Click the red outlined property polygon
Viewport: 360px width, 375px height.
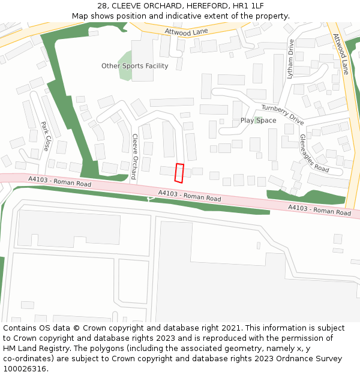click(x=178, y=172)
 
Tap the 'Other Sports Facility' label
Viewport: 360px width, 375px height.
click(x=134, y=66)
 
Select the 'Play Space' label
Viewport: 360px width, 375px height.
click(x=258, y=121)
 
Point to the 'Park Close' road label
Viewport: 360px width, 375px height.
click(x=45, y=136)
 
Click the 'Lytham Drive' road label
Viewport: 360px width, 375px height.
click(x=290, y=59)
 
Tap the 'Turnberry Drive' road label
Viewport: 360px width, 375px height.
click(x=282, y=113)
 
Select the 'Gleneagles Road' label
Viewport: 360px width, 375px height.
click(x=314, y=153)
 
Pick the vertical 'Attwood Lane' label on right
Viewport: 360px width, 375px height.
click(x=340, y=54)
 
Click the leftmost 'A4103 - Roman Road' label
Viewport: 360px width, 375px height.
click(x=60, y=181)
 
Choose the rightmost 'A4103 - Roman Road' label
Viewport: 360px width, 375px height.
click(x=319, y=210)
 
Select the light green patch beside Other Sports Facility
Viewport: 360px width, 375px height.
click(x=125, y=70)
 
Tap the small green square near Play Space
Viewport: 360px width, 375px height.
click(x=257, y=120)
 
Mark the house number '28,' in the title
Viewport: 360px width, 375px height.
click(x=104, y=6)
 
